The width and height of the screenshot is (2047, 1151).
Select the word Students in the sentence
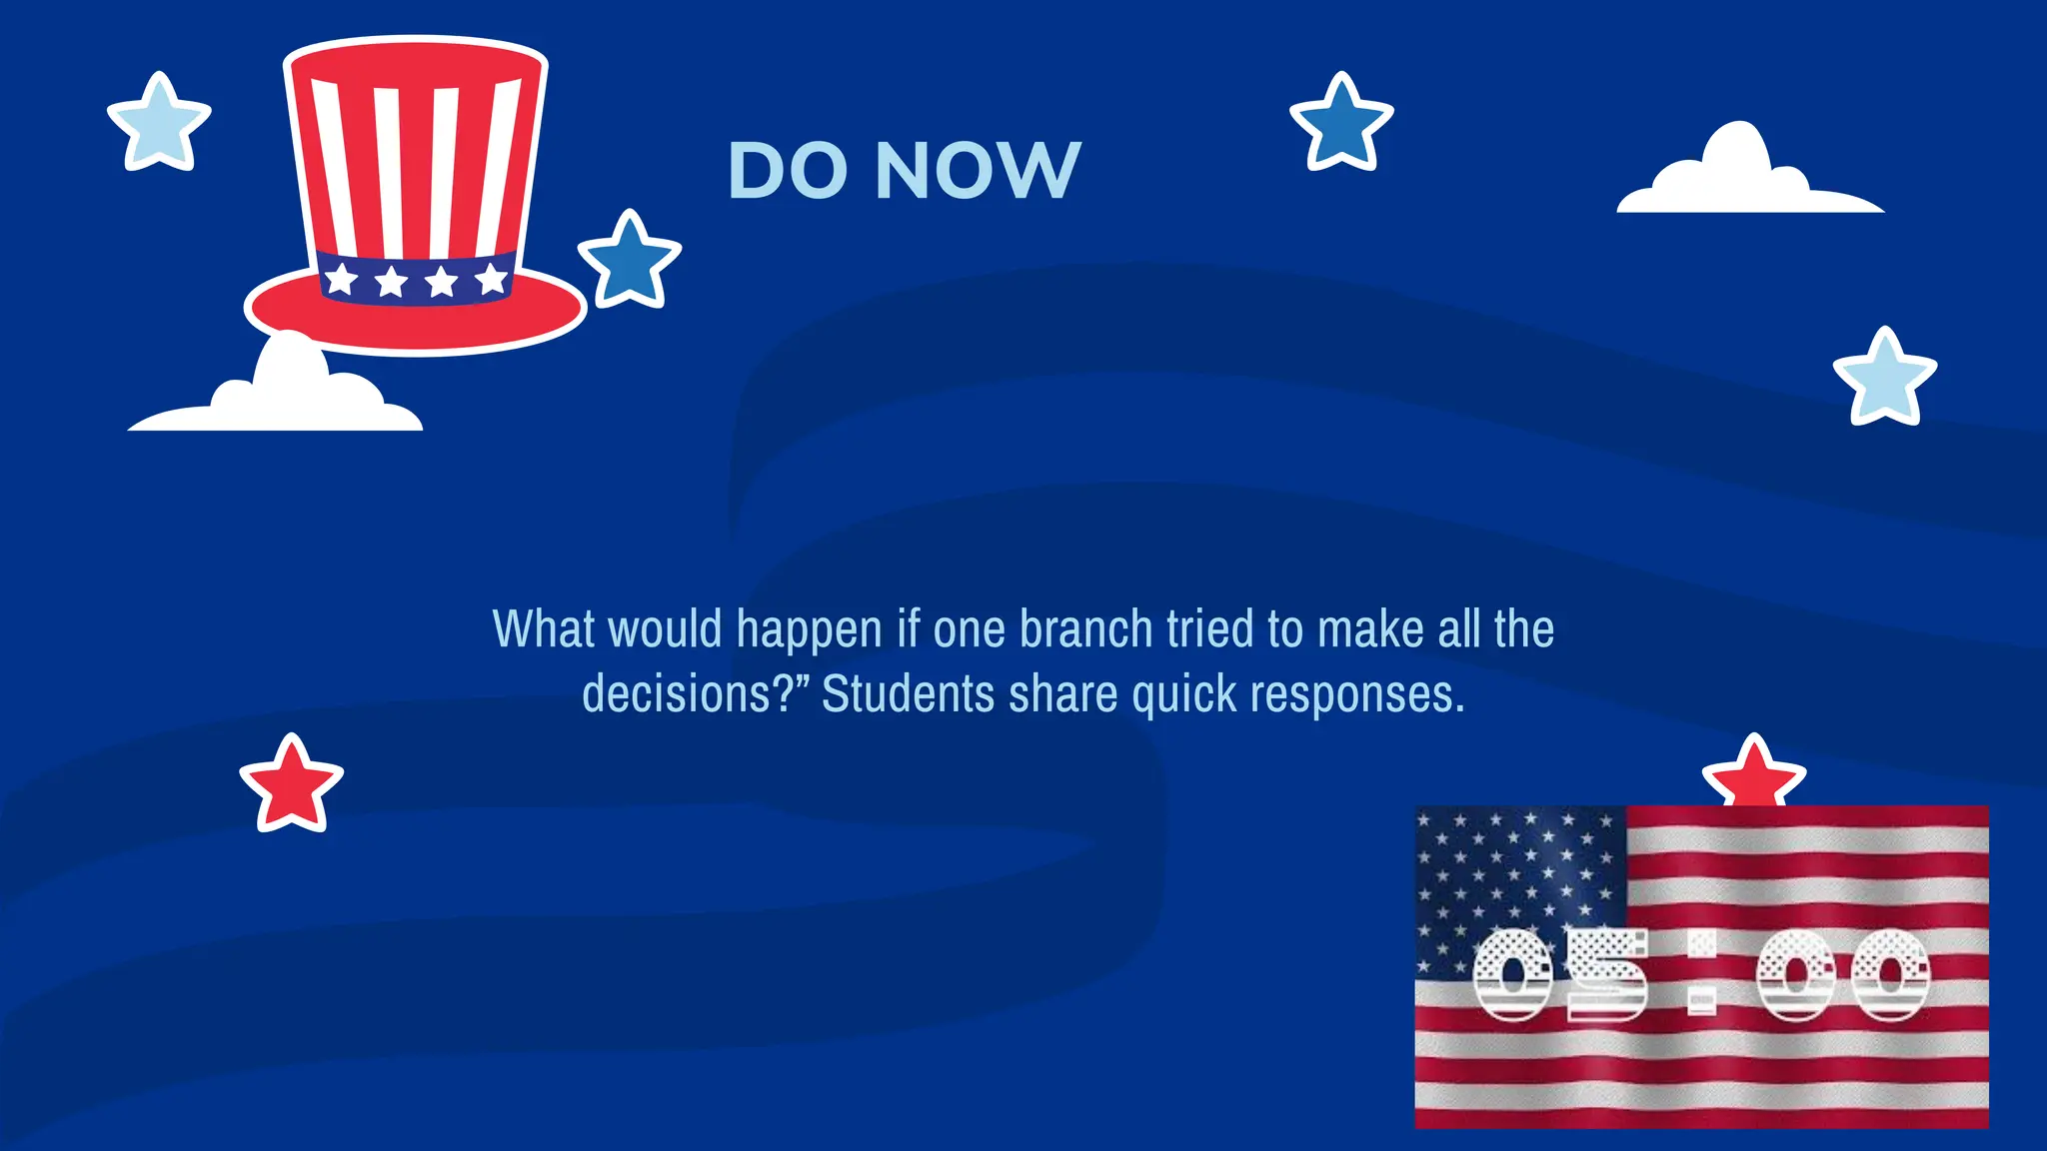908,693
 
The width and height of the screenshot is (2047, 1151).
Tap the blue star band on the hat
416,278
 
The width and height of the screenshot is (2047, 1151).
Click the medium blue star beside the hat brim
630,261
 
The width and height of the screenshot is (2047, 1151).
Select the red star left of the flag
291,784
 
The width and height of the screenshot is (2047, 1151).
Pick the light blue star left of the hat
159,123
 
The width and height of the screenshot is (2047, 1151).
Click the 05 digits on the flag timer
1560,974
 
